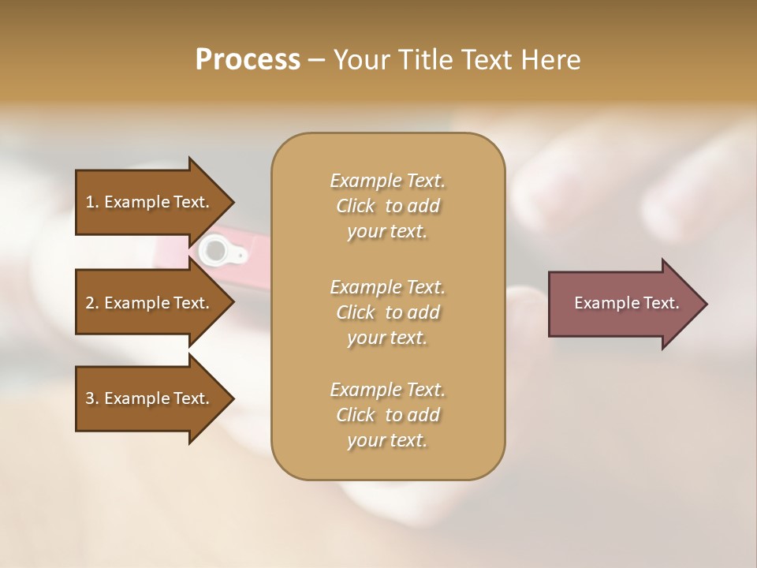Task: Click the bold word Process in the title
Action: [248, 60]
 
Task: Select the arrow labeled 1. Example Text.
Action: [150, 202]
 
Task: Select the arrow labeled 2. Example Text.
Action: [150, 303]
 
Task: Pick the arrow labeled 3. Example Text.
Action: [150, 398]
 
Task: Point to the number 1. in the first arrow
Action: [92, 202]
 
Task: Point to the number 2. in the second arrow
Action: [92, 303]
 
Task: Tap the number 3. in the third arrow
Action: [92, 398]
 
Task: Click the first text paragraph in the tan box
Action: [387, 206]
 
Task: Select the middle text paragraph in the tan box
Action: [387, 312]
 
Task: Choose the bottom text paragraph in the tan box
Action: [387, 415]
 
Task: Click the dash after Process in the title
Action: [317, 60]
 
